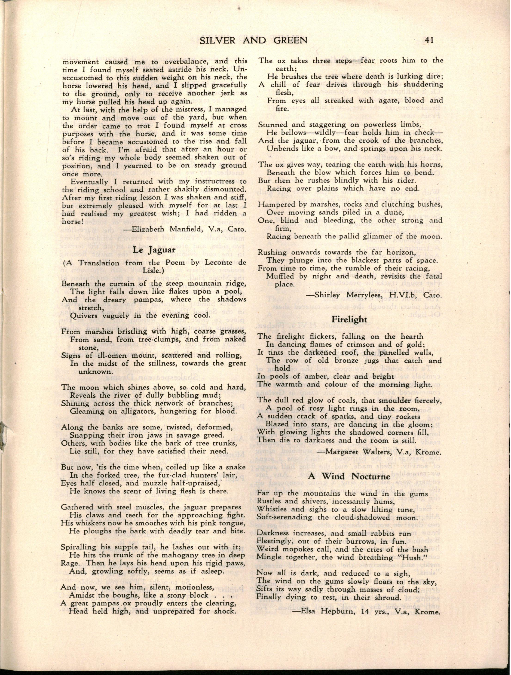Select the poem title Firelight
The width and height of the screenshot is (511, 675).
click(x=349, y=319)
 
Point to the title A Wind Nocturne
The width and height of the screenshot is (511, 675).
click(x=349, y=476)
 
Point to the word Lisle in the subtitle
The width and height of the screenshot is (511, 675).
click(x=71, y=271)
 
